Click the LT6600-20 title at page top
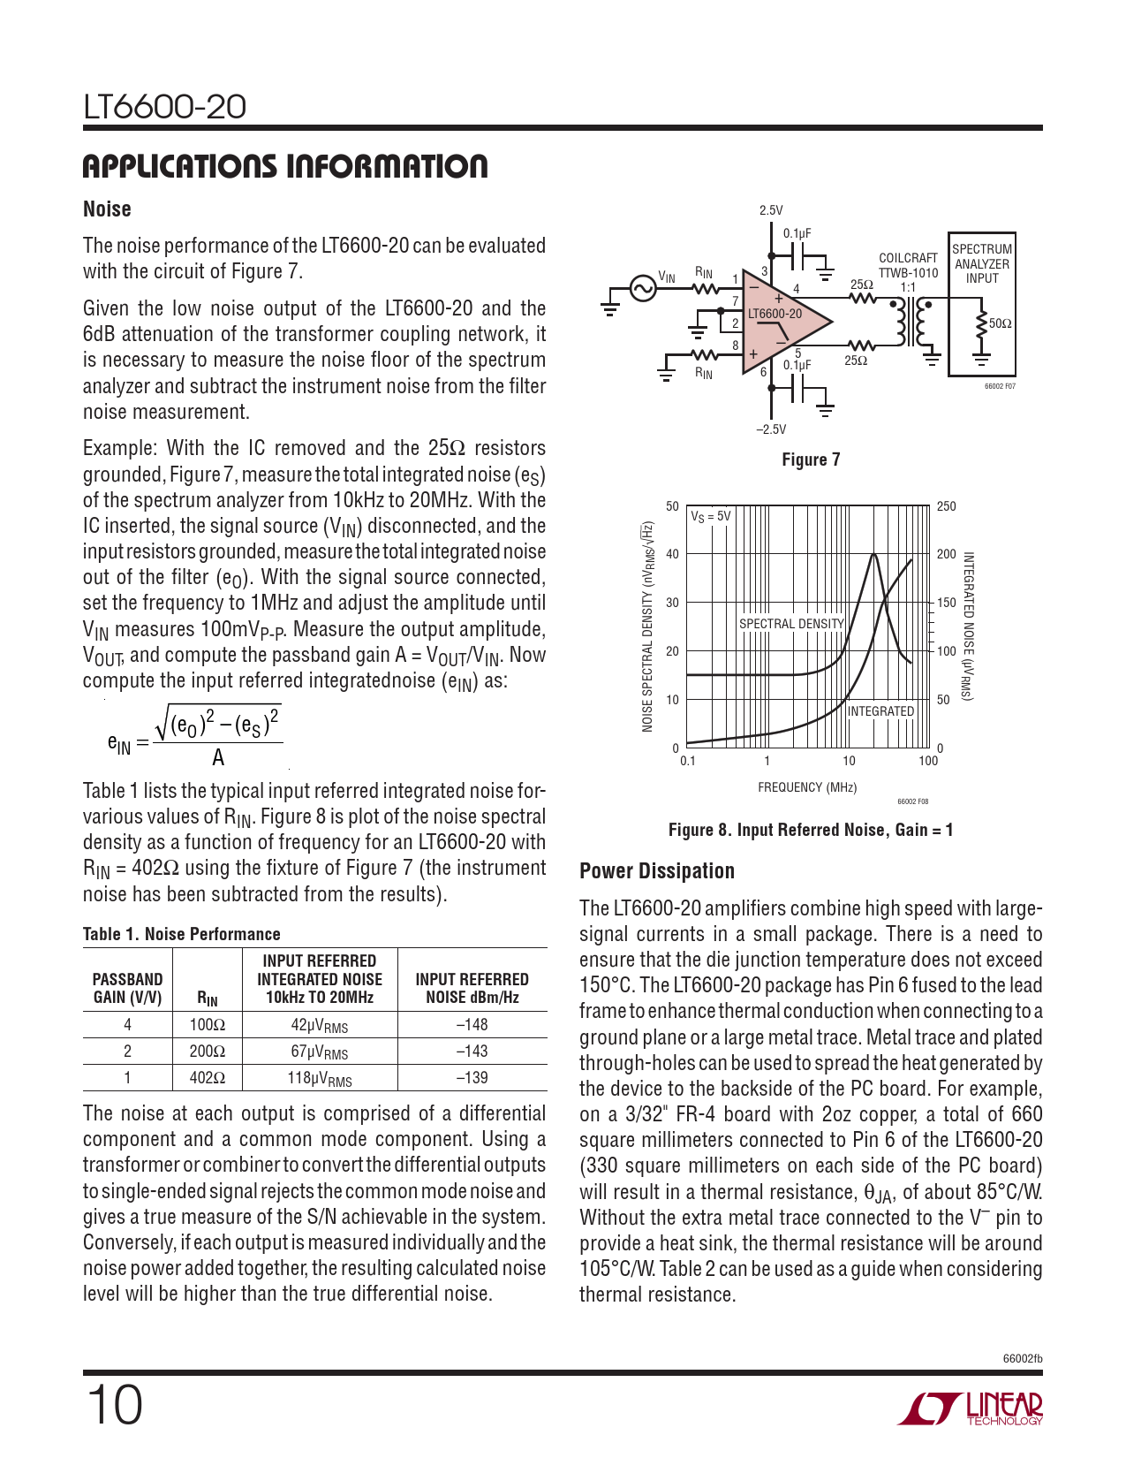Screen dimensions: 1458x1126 coord(164,107)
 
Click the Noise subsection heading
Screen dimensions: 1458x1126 coord(107,209)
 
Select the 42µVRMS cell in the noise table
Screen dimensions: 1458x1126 coord(320,1025)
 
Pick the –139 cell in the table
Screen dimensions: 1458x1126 coord(472,1078)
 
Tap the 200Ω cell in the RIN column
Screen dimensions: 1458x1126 coord(207,1052)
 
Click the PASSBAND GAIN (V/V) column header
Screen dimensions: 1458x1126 coord(128,988)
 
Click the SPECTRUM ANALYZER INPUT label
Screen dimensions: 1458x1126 coord(982,263)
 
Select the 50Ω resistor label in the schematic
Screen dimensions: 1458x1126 coord(1000,323)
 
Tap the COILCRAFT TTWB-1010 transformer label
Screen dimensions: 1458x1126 coord(908,265)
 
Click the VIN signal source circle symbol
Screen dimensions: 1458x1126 coord(643,289)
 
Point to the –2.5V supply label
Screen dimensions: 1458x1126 coord(771,429)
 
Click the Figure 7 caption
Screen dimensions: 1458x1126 coord(811,459)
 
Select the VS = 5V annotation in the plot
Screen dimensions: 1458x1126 coord(711,516)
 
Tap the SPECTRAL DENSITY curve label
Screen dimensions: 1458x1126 coord(791,624)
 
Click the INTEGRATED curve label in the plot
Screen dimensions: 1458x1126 coord(880,711)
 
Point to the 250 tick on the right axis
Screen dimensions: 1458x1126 coord(946,506)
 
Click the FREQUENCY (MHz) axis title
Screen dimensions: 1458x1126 coord(807,787)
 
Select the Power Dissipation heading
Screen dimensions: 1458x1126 coord(657,871)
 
